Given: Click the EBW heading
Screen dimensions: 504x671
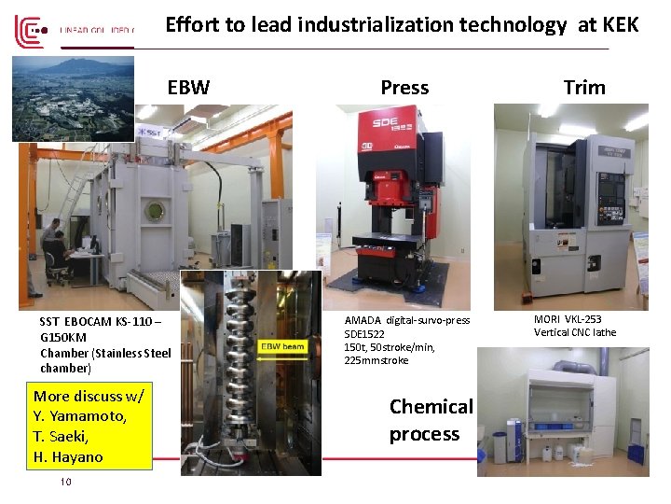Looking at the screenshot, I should click(188, 88).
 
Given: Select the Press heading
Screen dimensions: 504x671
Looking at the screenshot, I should click(404, 88).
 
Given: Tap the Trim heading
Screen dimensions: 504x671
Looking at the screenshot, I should click(584, 88).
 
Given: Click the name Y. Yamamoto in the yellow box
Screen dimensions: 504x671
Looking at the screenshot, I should click(79, 415).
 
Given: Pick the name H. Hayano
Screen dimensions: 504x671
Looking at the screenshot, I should click(68, 456).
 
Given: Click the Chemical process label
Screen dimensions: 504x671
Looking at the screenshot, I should click(431, 420).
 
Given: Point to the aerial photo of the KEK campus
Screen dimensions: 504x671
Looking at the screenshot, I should click(73, 97).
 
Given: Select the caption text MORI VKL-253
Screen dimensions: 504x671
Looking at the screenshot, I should click(568, 319).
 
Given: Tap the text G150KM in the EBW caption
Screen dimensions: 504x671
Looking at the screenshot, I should click(63, 337).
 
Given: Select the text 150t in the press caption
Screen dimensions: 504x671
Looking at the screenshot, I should click(355, 347).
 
